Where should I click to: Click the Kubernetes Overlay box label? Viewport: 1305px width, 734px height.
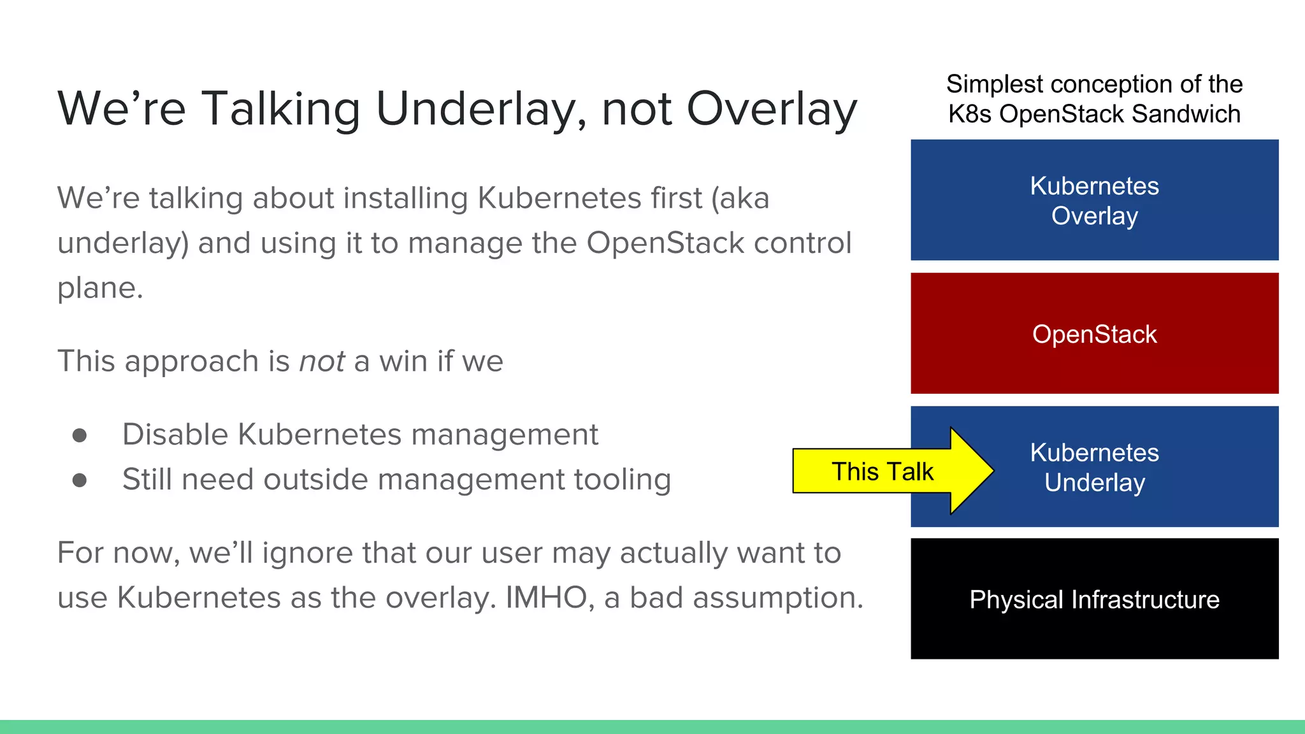[x=1094, y=201]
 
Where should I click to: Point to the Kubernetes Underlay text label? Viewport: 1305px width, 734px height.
[x=1094, y=468]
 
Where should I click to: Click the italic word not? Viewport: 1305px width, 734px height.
[x=322, y=361]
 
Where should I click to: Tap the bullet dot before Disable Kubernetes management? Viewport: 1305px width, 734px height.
[x=80, y=435]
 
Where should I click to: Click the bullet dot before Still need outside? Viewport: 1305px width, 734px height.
[x=80, y=480]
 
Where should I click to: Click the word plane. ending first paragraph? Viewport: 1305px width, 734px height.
[x=100, y=289]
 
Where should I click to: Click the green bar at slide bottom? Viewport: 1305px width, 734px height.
[x=652, y=727]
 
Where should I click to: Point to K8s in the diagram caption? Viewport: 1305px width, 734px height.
[x=970, y=114]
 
